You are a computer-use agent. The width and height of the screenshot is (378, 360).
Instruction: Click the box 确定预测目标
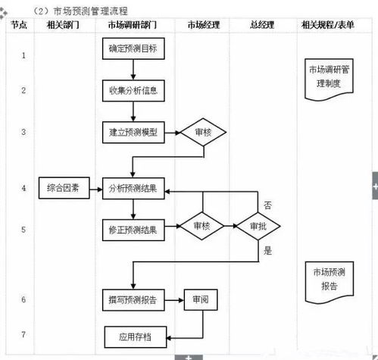coord(133,49)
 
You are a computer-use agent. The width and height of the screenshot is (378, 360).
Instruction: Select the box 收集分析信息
coord(133,90)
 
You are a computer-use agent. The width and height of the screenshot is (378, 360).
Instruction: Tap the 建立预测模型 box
coord(133,132)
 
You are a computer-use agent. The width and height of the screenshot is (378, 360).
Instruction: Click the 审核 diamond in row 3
coord(203,132)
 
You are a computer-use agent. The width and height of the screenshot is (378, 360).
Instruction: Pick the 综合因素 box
coord(64,188)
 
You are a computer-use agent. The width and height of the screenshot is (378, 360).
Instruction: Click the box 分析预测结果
coord(133,188)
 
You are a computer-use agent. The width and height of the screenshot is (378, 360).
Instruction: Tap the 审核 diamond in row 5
coord(201,226)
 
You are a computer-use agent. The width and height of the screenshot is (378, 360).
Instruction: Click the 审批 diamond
coord(258,226)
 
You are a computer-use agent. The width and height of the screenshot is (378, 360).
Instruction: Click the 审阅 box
coord(201,299)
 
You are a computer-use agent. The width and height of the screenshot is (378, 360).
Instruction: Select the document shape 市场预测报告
coord(329,278)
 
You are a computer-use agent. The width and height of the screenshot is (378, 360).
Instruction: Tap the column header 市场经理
coord(203,25)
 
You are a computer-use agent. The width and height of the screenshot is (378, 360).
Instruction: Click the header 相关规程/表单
coord(327,25)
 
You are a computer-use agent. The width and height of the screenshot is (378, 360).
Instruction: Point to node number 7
coord(23,333)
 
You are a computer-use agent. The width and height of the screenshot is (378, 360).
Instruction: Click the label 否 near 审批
coord(267,205)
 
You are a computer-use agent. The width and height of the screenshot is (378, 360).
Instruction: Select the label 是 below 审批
coord(267,250)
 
